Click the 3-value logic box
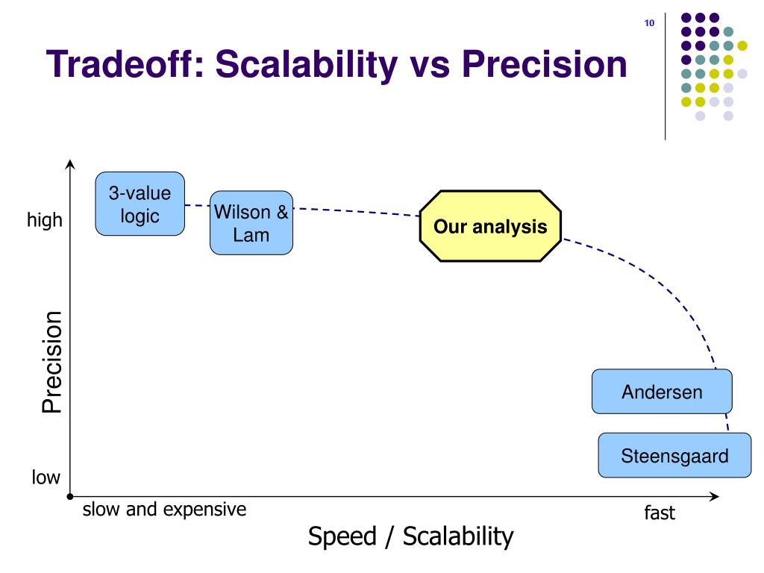(x=140, y=204)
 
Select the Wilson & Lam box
(x=251, y=222)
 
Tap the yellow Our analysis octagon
(x=490, y=226)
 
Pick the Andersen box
(x=662, y=391)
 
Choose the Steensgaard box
(x=674, y=455)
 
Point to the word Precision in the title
(x=544, y=64)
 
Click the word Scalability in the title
(x=307, y=65)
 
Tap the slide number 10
(x=649, y=23)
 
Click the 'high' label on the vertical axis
(x=45, y=220)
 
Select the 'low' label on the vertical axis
(x=46, y=477)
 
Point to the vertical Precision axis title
(x=51, y=363)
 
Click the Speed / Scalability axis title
(x=411, y=537)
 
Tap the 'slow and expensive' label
(x=164, y=509)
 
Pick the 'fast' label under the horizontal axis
(x=660, y=513)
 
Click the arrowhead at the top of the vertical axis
(x=70, y=162)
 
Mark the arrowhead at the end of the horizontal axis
(x=716, y=496)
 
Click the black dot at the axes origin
(x=70, y=496)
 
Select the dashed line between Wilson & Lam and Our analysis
(x=356, y=211)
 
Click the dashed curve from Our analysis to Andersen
(x=671, y=292)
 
